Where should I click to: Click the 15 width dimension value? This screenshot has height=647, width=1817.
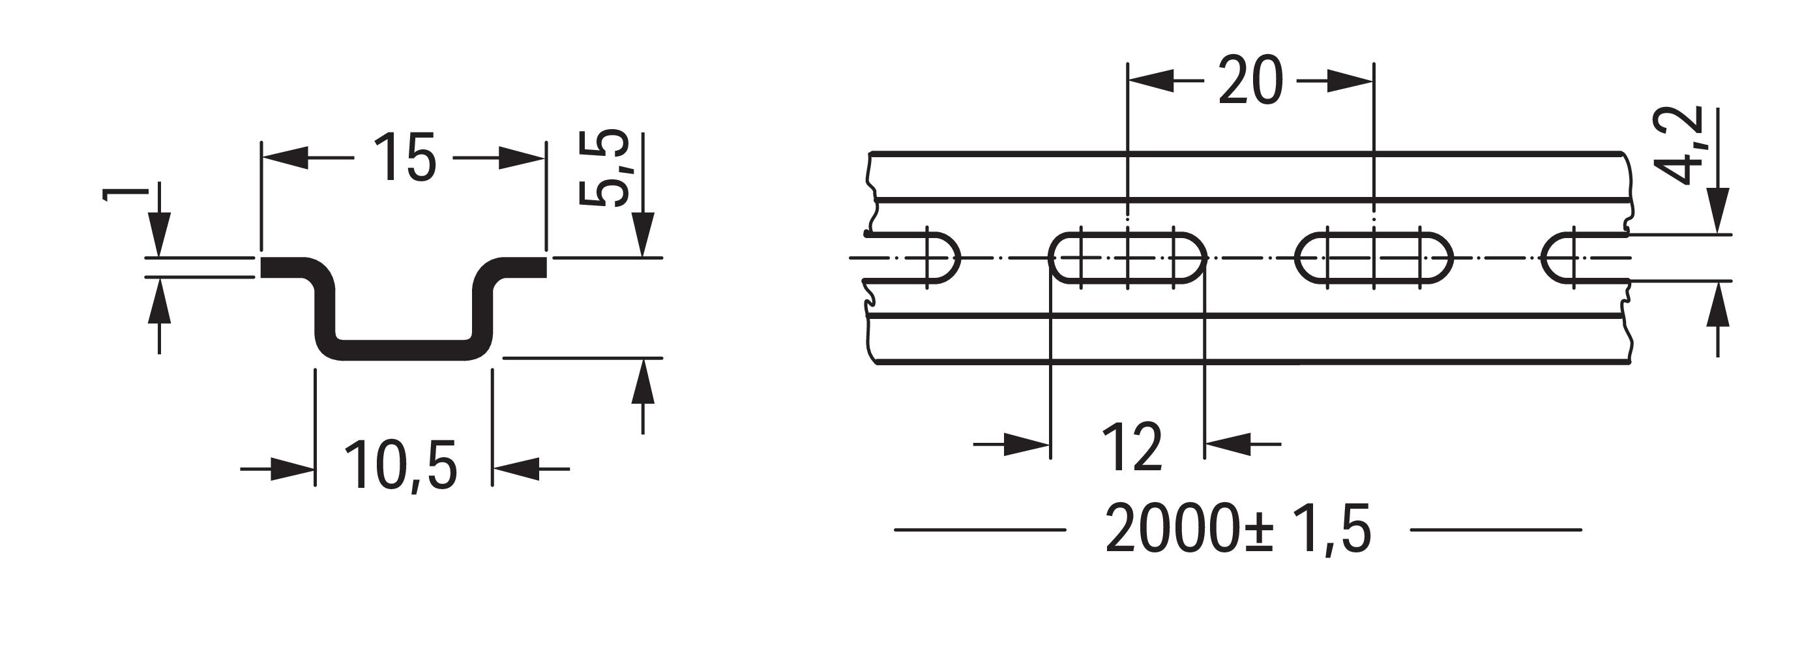404,158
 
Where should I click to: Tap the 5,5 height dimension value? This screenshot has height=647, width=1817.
604,168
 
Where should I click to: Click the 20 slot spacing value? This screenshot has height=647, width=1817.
1250,81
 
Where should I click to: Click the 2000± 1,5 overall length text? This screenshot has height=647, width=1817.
1239,529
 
